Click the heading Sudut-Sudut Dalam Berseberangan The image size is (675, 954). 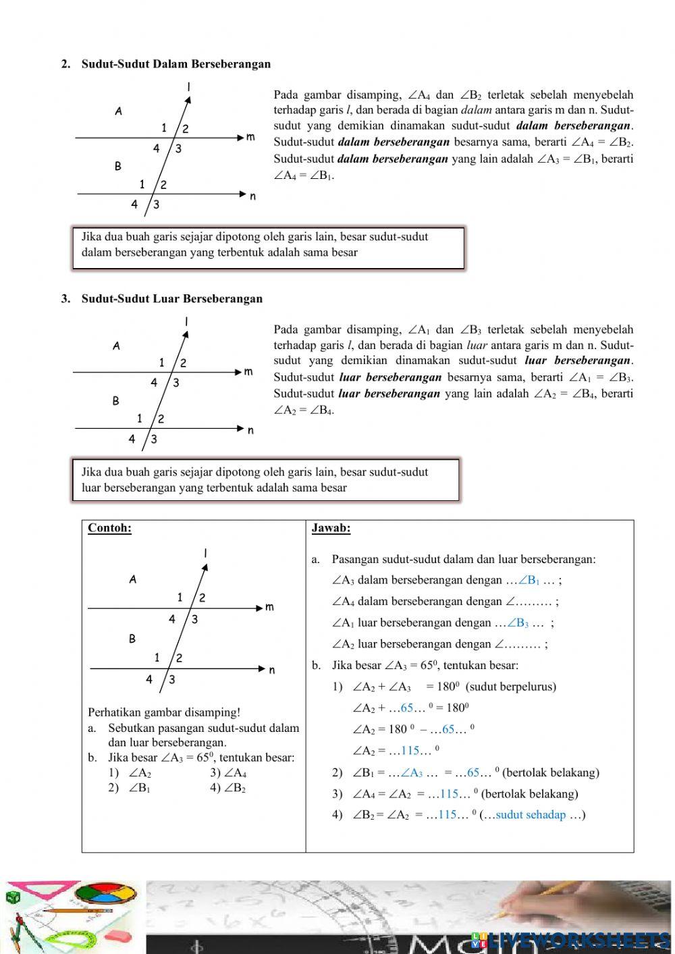click(175, 64)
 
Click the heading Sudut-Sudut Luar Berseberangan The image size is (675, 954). click(171, 298)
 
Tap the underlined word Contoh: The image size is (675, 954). click(109, 528)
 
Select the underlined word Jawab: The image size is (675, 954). click(331, 528)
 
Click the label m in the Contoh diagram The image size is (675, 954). click(269, 608)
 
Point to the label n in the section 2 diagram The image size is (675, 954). click(252, 196)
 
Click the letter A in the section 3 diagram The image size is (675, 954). click(116, 346)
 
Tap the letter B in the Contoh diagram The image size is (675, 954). click(132, 639)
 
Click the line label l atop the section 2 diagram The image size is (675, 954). click(188, 86)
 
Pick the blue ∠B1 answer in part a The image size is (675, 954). click(529, 580)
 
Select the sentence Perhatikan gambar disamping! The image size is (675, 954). click(164, 712)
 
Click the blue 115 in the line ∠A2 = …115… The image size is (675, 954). click(410, 751)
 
